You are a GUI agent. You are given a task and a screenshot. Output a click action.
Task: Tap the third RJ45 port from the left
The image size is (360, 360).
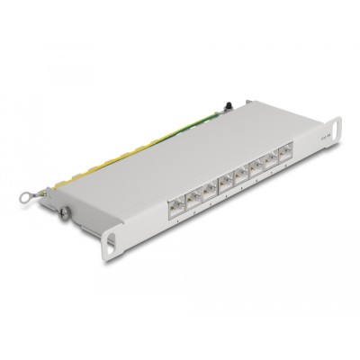click(x=210, y=192)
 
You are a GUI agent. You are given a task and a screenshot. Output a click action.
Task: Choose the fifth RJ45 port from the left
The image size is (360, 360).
click(x=241, y=177)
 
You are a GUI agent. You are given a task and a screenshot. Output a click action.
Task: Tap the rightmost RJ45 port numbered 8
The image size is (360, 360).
click(x=285, y=155)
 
